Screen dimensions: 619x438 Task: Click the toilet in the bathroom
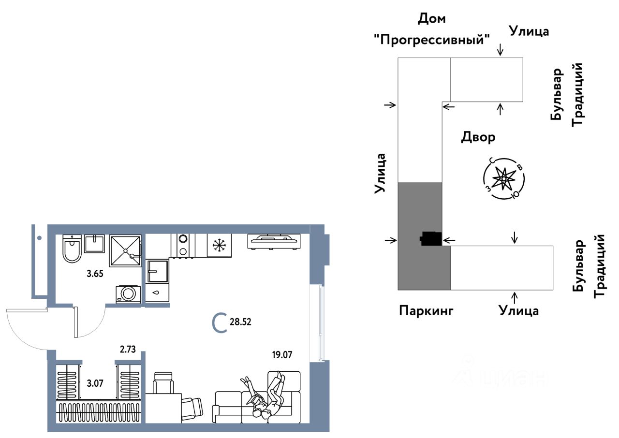[72, 248]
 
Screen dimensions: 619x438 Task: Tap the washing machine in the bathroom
[128, 294]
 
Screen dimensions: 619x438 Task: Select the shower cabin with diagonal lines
[125, 251]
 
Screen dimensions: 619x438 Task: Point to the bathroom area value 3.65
[95, 274]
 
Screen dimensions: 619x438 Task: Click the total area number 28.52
[240, 322]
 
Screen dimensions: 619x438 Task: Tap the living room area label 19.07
[282, 354]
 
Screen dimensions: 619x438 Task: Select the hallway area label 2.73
[128, 350]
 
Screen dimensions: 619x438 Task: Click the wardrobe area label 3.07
[95, 383]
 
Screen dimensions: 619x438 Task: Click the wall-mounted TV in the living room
[274, 242]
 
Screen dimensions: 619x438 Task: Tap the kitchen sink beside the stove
[158, 271]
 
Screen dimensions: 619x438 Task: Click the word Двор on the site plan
[478, 137]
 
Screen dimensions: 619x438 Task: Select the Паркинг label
[426, 311]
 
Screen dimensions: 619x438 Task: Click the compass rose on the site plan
[504, 179]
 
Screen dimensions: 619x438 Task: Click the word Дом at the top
[432, 19]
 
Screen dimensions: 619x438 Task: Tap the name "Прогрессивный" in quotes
[432, 40]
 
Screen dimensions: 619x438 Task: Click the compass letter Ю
[516, 195]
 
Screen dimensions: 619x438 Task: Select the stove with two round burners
[183, 246]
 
